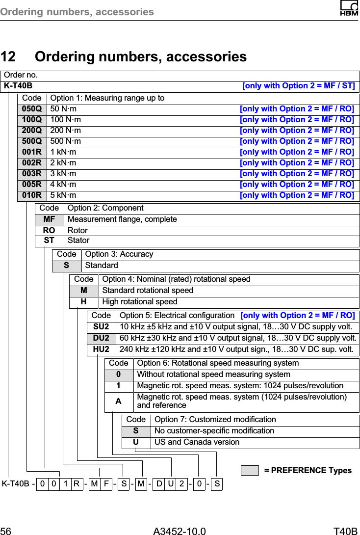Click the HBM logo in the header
(349, 9)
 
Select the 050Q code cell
(32, 109)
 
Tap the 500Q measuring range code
(32, 141)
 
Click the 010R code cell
(32, 195)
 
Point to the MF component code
(49, 219)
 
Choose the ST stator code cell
(49, 241)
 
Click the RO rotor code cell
(49, 230)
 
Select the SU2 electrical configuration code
(101, 327)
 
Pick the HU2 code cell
(101, 349)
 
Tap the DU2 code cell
(101, 338)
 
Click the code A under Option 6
(118, 401)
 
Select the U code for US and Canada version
(136, 442)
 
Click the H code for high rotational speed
(84, 301)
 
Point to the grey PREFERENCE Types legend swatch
(249, 470)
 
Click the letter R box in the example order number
(77, 484)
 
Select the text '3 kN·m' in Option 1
(63, 174)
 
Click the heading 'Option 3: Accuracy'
(119, 254)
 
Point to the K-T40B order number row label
(18, 86)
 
